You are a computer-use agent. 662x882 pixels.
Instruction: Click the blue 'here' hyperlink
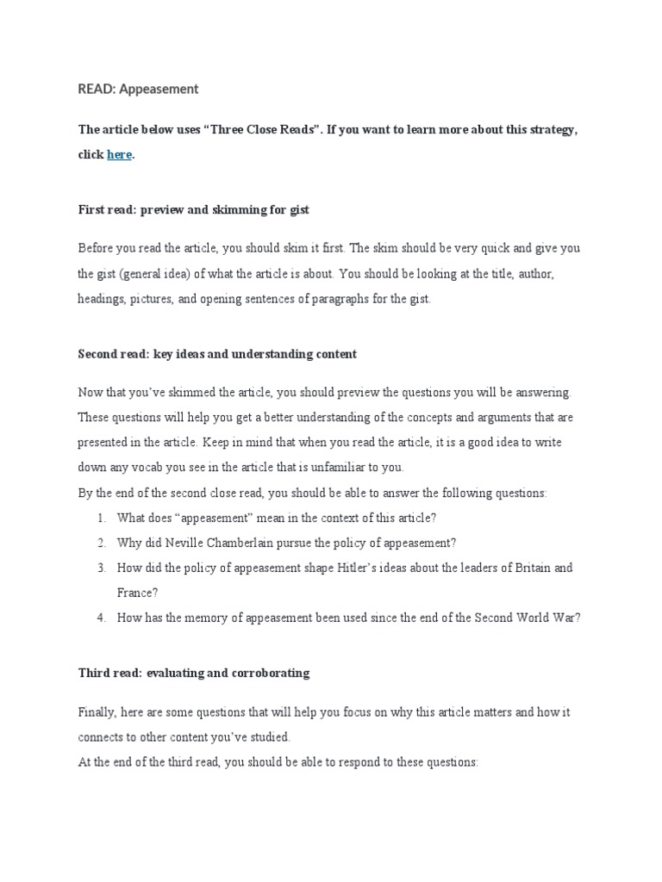(x=120, y=155)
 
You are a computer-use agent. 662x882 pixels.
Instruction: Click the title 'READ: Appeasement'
(x=139, y=89)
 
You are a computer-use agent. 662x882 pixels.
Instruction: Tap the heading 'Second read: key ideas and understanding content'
(x=217, y=354)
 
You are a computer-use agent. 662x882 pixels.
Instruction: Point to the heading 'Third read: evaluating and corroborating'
(x=193, y=673)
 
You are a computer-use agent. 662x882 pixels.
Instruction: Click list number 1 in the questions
(x=101, y=518)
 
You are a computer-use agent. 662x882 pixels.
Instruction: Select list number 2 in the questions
(x=101, y=543)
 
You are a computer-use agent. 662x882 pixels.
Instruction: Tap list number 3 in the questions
(x=101, y=568)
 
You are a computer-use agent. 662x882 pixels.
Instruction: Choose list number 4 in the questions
(x=101, y=617)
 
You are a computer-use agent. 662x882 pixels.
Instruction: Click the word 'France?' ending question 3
(x=136, y=593)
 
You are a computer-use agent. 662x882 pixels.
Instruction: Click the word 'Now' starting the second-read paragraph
(x=91, y=393)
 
